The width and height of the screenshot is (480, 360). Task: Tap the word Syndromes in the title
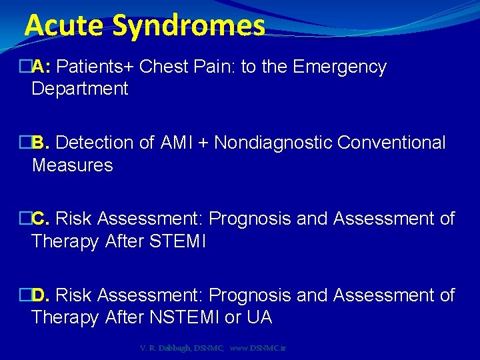[189, 27]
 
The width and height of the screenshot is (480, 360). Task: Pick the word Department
[80, 89]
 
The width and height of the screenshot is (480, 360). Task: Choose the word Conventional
[391, 143]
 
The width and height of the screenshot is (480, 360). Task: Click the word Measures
[73, 165]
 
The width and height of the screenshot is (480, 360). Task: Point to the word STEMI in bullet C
[179, 241]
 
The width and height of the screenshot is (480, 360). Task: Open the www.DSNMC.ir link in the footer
[258, 348]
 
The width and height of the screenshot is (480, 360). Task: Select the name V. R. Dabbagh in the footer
[163, 348]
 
